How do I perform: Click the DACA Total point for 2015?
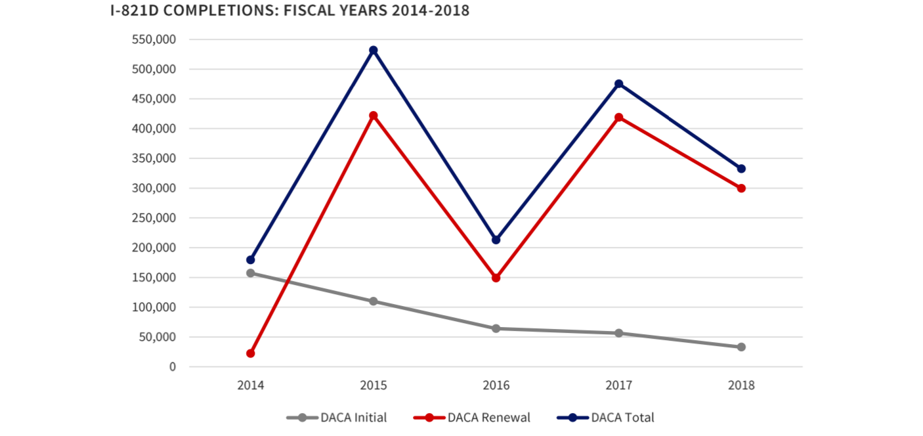373,51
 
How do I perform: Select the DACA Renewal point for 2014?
250,353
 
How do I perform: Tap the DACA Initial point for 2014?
250,273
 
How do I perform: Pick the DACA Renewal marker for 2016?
496,278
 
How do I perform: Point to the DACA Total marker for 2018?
741,169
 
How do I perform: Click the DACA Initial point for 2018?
741,347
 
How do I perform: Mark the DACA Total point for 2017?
618,84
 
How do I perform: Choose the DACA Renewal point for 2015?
373,116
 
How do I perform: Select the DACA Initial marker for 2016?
496,328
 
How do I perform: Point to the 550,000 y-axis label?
154,39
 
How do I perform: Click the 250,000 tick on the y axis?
154,218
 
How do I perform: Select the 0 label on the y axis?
173,367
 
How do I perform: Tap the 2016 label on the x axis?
496,385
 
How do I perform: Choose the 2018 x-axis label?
741,385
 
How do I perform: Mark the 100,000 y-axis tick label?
154,307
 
